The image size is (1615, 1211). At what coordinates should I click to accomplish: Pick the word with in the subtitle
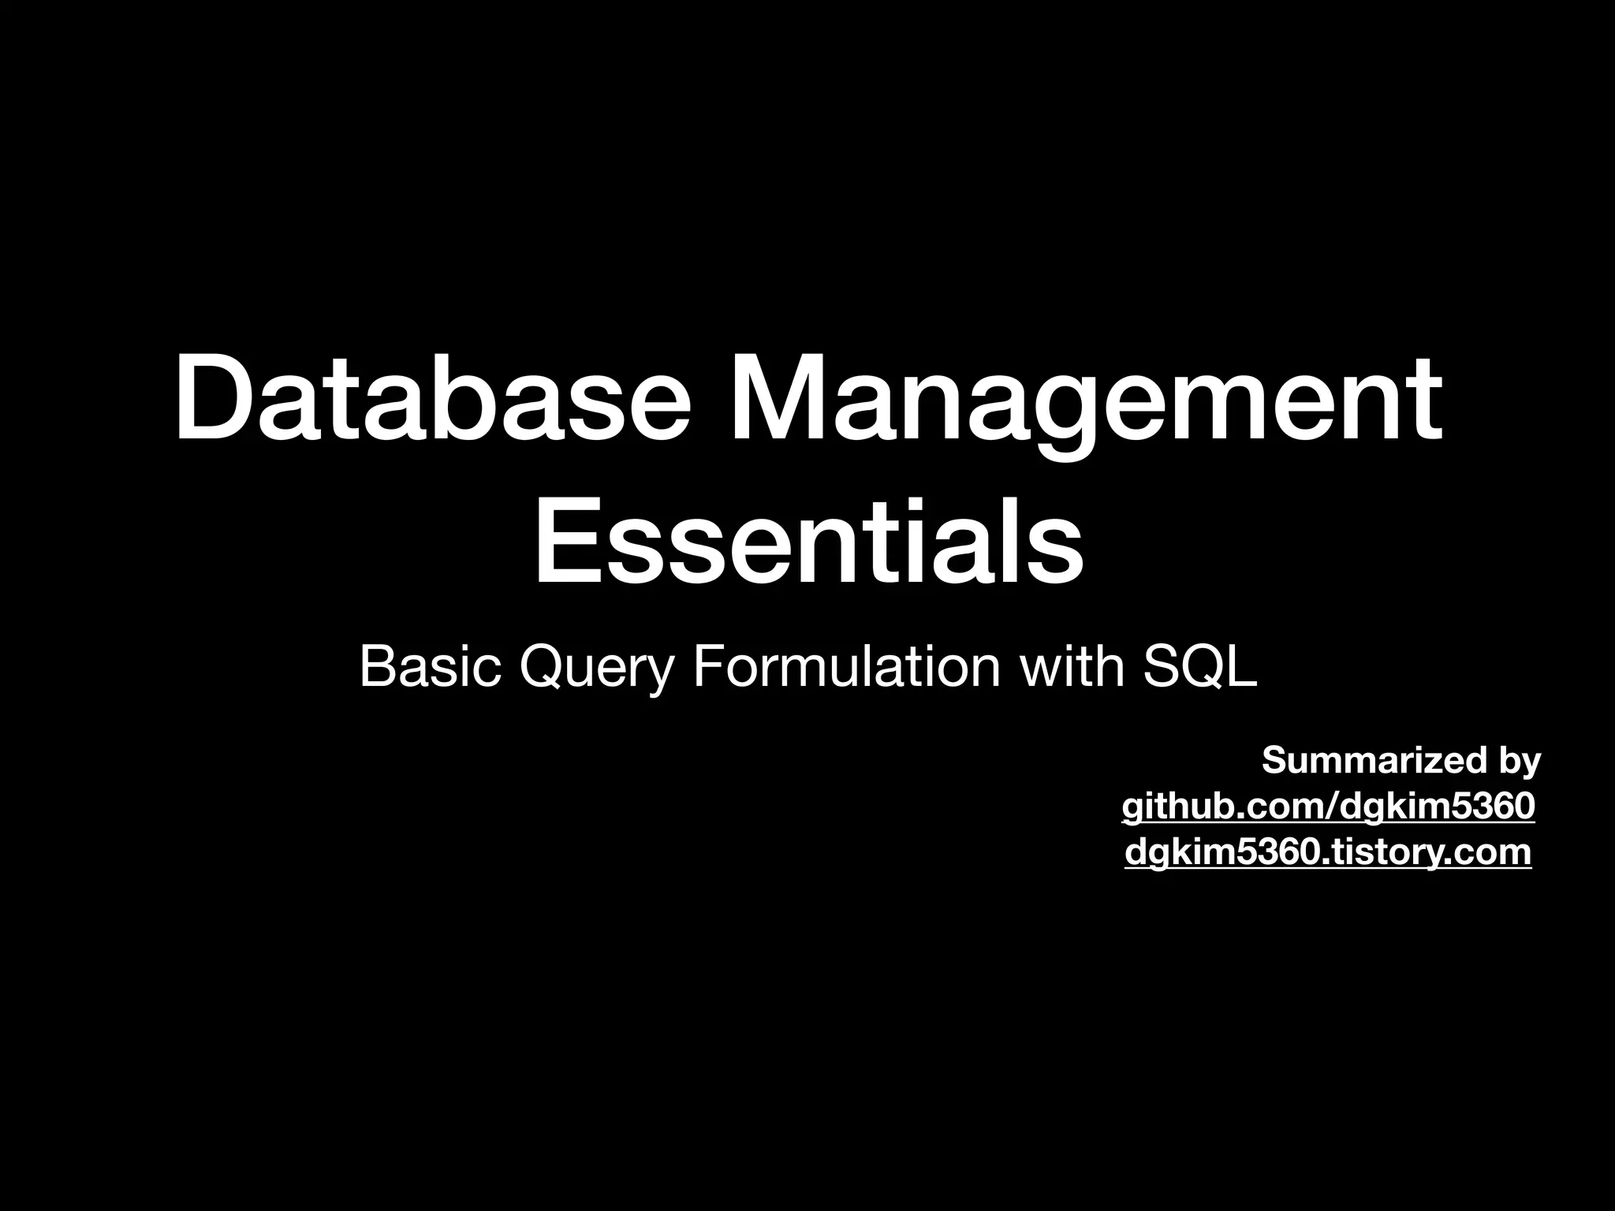point(1072,667)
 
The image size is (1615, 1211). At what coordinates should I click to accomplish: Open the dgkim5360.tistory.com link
point(1328,851)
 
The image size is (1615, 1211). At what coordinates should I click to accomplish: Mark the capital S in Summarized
point(1274,760)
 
